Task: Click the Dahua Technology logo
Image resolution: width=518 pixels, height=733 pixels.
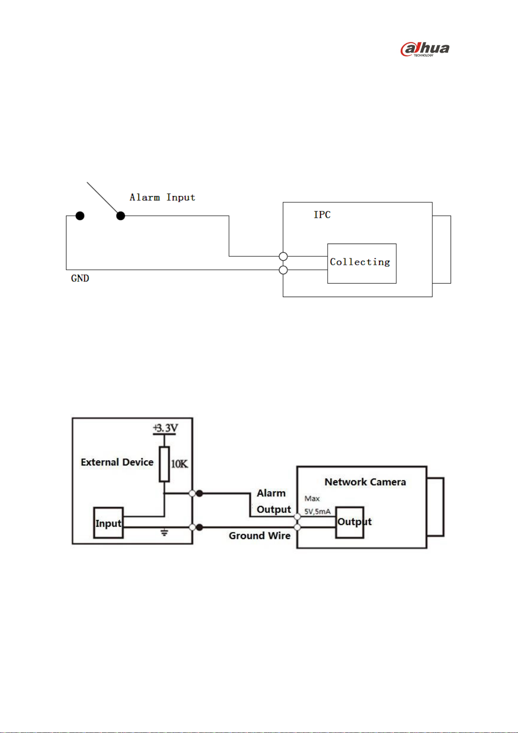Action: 425,49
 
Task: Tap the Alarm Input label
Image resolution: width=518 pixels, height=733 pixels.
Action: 162,197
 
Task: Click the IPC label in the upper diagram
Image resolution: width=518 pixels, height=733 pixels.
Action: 322,214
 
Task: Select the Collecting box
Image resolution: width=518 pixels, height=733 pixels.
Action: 362,263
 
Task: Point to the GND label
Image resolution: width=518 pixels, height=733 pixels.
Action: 80,278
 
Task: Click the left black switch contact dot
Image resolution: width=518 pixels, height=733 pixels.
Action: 80,216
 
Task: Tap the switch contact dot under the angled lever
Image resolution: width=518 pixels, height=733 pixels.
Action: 121,216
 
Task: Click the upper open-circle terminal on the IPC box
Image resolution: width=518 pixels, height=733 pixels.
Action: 283,256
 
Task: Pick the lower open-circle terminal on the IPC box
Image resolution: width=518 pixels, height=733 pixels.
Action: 283,270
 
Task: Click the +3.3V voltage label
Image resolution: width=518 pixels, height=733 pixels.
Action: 165,428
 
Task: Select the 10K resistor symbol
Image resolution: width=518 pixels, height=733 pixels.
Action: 164,464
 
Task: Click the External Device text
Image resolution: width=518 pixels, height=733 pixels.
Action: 117,462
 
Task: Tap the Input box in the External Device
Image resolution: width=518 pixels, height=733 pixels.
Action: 108,523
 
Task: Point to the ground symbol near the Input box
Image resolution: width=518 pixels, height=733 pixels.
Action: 164,532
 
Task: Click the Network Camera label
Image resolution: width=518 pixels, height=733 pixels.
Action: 365,482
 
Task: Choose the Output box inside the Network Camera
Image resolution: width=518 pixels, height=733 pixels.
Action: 350,522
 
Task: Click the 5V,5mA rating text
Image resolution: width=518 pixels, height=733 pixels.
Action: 317,512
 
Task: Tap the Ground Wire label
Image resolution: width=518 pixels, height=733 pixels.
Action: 259,536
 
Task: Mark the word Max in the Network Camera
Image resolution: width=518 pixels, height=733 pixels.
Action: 312,499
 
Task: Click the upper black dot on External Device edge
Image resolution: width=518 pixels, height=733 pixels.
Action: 199,493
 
